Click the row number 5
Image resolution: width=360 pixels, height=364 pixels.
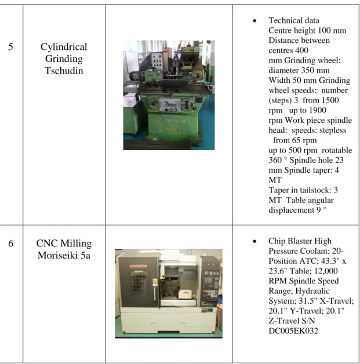point(10,47)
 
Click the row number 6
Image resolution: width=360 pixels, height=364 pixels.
point(10,243)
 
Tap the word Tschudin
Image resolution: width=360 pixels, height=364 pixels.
point(64,71)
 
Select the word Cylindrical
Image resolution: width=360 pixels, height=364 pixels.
point(64,47)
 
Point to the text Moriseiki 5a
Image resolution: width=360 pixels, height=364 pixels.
point(64,256)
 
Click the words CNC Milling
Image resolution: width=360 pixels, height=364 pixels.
point(64,243)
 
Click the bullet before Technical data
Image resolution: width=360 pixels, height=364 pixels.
point(254,21)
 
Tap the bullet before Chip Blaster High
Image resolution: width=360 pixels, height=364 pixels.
point(254,241)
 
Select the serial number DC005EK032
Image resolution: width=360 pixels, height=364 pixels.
point(293,331)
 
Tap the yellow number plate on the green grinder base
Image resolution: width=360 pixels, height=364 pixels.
point(171,129)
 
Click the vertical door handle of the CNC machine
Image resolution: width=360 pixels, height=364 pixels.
point(155,293)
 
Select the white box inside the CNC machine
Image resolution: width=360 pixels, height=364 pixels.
point(185,294)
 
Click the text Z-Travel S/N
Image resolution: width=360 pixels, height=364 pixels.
point(292,321)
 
